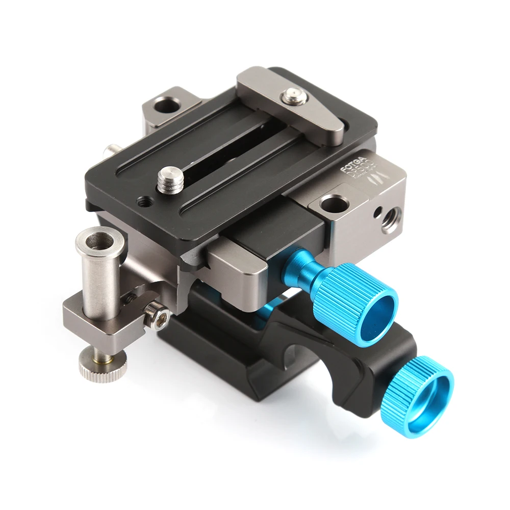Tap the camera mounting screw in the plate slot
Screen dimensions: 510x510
pos(170,181)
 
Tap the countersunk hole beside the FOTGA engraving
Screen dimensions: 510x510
pos(335,204)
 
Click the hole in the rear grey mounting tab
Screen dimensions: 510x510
pos(166,106)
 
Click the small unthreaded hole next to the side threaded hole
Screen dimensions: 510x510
pos(377,211)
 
